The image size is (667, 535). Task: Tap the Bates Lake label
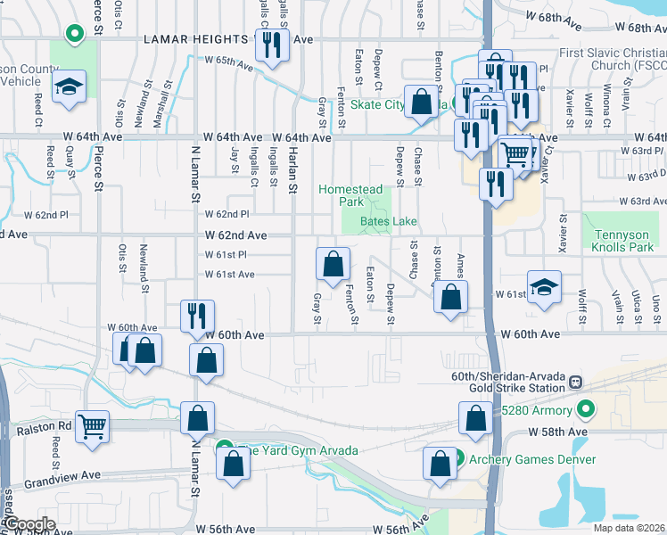[389, 221]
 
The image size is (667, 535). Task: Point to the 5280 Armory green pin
[585, 410]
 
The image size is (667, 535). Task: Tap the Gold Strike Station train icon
[575, 382]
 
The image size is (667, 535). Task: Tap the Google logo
[29, 524]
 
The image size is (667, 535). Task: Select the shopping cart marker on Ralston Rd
[93, 426]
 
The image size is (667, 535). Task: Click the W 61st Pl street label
[226, 255]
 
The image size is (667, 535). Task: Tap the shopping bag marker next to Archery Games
[440, 462]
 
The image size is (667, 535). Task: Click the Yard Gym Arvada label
[299, 449]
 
